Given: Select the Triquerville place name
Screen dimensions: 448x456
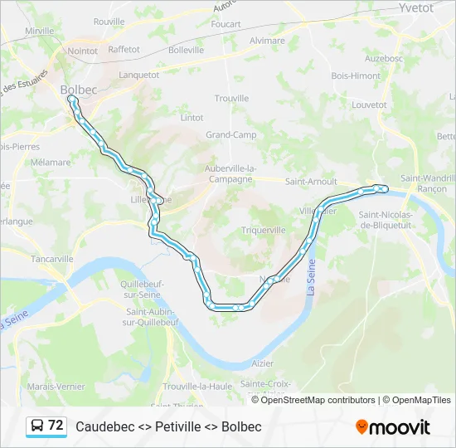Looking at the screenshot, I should point(263,230).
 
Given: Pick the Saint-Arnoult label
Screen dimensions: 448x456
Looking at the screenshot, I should point(310,181).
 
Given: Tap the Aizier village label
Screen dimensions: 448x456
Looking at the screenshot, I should point(262,363).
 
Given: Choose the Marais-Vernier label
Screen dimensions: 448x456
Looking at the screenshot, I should point(54,387).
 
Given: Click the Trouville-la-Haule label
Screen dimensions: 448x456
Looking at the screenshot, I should point(197,387).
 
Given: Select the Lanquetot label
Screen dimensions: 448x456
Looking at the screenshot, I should point(138,74).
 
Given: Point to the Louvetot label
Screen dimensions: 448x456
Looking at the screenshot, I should point(369,105).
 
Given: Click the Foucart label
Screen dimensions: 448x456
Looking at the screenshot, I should point(226,24).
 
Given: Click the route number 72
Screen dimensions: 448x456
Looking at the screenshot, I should point(56,426).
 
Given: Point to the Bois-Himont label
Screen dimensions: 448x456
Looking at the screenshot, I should point(356,75).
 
